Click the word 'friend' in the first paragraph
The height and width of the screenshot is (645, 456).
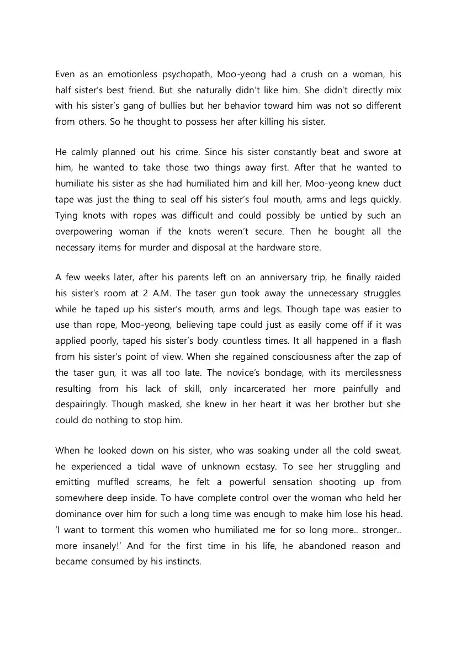pyautogui.click(x=146, y=90)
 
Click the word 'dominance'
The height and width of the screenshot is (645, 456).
pyautogui.click(x=78, y=514)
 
